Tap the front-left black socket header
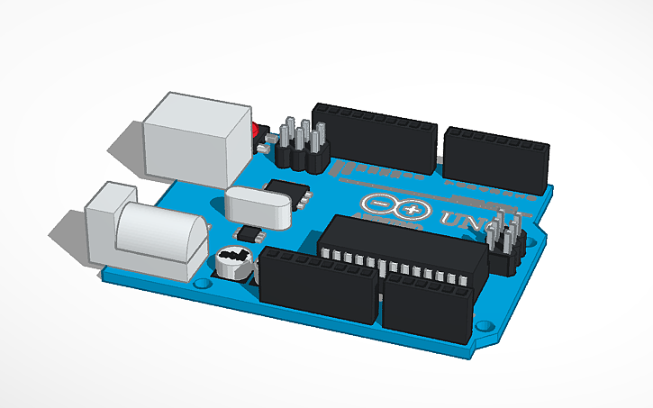click(317, 286)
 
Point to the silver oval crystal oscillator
click(260, 204)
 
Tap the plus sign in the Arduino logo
click(413, 211)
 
